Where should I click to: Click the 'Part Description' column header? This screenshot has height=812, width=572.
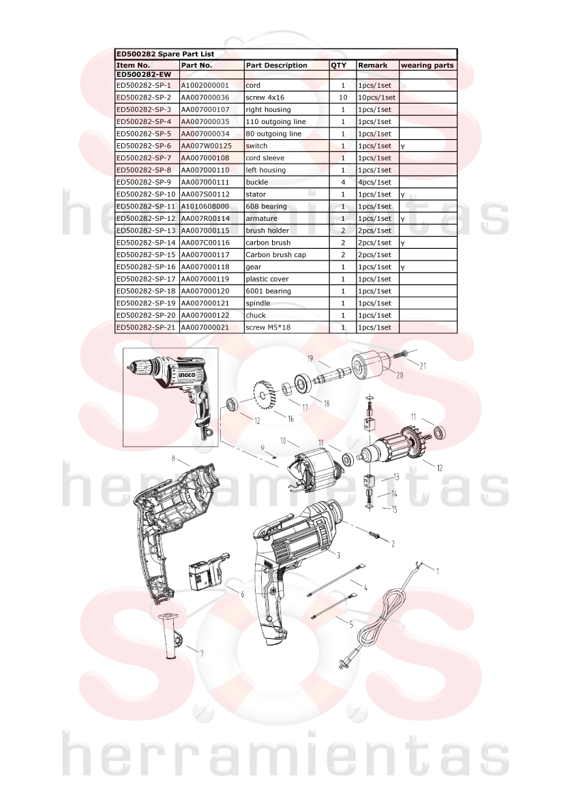pyautogui.click(x=276, y=65)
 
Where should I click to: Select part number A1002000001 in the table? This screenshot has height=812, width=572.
pyautogui.click(x=205, y=85)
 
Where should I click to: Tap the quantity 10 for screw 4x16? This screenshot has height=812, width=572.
pyautogui.click(x=343, y=97)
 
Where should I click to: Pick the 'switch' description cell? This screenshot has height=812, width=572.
pyautogui.click(x=256, y=146)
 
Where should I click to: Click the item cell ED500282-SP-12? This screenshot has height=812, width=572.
pyautogui.click(x=146, y=219)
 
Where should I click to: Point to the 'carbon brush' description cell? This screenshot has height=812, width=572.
pyautogui.click(x=268, y=243)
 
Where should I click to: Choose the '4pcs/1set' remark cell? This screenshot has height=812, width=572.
pyautogui.click(x=375, y=182)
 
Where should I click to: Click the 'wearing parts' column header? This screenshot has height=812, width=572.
pyautogui.click(x=427, y=65)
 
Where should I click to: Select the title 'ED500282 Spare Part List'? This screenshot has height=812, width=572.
pyautogui.click(x=165, y=54)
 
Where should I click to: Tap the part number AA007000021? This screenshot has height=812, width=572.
pyautogui.click(x=205, y=327)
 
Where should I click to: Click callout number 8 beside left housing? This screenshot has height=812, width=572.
pyautogui.click(x=173, y=457)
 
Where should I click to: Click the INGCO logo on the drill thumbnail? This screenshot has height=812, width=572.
pyautogui.click(x=187, y=376)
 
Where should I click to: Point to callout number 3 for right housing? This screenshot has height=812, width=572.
pyautogui.click(x=339, y=556)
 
